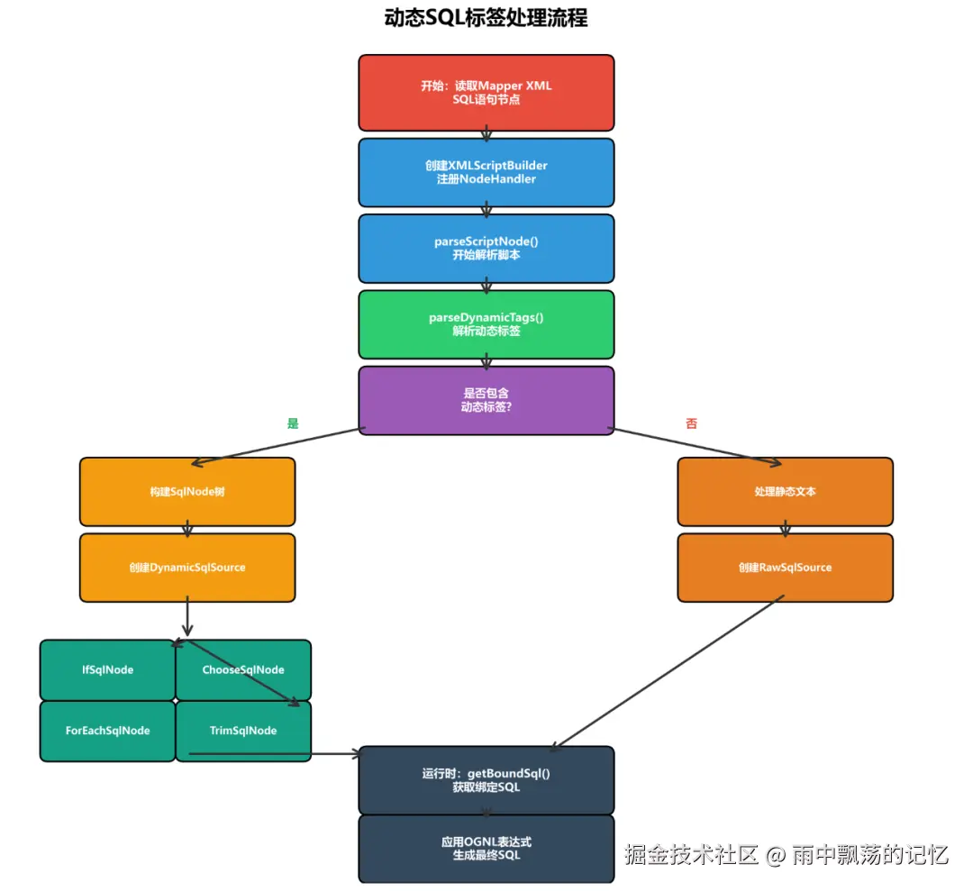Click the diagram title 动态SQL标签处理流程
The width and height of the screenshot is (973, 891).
[486, 17]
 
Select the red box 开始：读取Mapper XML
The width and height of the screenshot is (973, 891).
[486, 93]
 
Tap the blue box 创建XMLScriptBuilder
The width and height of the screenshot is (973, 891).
[486, 172]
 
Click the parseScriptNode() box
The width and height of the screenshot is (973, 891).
[486, 248]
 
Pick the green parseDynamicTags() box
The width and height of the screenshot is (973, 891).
[486, 324]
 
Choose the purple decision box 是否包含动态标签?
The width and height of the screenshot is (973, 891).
[486, 400]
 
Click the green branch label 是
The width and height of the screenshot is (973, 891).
[293, 423]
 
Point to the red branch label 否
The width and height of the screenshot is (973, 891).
[691, 423]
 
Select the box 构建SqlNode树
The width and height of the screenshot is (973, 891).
[187, 491]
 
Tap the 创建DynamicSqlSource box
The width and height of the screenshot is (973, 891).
[187, 567]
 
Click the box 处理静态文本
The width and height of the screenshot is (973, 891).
[785, 491]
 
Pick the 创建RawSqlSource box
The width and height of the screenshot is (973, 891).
[785, 567]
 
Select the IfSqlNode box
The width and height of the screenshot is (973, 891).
[107, 670]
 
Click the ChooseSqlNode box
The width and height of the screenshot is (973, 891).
[243, 670]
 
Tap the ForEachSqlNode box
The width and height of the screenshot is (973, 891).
[107, 731]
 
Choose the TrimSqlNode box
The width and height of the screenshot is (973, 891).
[243, 731]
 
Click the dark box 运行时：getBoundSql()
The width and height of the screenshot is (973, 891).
[486, 780]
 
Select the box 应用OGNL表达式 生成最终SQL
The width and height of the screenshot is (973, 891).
[486, 848]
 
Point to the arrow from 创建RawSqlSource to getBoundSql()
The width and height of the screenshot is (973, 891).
[668, 673]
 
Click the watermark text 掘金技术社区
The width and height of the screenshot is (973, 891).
[691, 854]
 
